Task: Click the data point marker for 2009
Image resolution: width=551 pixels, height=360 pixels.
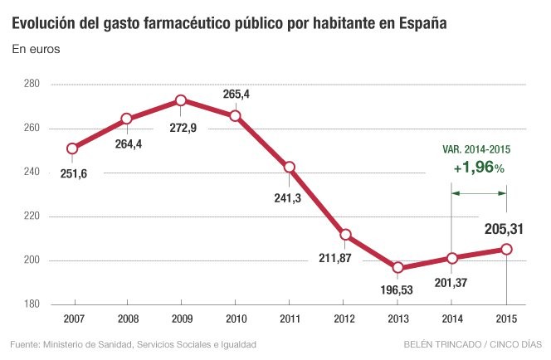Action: (x=181, y=101)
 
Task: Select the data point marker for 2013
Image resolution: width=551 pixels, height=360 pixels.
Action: (x=397, y=267)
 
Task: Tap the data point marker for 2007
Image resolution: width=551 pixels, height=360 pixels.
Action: (x=72, y=148)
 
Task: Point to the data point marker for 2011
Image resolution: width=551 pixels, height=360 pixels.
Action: (x=290, y=167)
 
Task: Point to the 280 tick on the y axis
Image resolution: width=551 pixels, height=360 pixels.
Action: (x=32, y=84)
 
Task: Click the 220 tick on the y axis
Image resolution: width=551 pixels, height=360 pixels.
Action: (x=32, y=216)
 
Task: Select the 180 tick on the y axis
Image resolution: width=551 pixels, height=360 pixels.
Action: (x=32, y=304)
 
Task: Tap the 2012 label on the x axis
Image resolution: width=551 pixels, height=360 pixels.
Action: (x=344, y=319)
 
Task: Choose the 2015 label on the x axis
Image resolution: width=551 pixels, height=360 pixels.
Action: (x=506, y=319)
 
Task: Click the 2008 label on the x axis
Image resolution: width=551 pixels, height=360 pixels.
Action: (x=127, y=319)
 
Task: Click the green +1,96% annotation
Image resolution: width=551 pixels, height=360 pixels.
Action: (x=478, y=168)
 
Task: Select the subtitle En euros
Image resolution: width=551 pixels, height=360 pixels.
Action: (x=36, y=51)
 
